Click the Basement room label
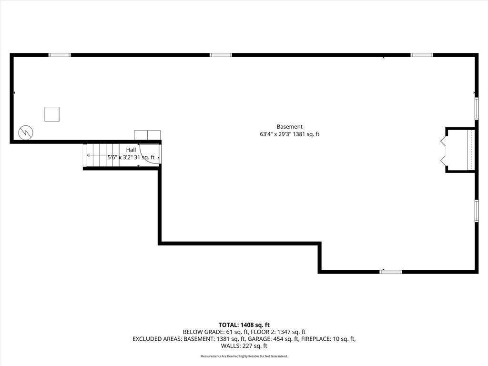(x=289, y=127)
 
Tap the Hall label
(x=131, y=150)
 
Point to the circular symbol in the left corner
(x=26, y=132)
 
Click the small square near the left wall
(x=52, y=114)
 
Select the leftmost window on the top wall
(x=60, y=55)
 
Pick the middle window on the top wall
(x=221, y=55)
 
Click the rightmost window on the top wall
(x=422, y=55)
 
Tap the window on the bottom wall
(x=390, y=272)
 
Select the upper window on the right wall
(x=476, y=108)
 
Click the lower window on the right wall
(x=476, y=211)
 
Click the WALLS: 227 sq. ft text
(x=244, y=346)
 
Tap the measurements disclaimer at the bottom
(x=244, y=356)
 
